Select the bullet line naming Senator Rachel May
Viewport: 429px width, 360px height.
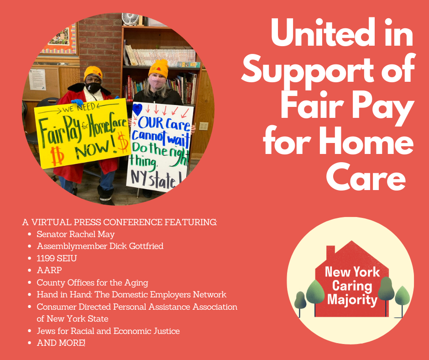[x=76, y=234]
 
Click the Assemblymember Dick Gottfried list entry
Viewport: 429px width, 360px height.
[x=100, y=246]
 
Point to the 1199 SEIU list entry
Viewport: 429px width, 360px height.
[x=57, y=259]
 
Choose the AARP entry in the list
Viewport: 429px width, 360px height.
[x=49, y=270]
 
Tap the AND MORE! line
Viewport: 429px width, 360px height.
[x=61, y=343]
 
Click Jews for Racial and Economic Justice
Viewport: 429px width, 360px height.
[x=108, y=331]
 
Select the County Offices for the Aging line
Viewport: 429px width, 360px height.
[x=93, y=282]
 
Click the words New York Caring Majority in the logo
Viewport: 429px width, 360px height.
[x=352, y=286]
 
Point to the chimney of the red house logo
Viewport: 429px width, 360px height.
[x=330, y=252]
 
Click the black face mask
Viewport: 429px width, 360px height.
[x=93, y=88]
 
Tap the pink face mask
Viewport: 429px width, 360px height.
[x=157, y=82]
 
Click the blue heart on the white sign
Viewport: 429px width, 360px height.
[x=137, y=109]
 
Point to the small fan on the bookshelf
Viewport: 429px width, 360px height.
[x=131, y=19]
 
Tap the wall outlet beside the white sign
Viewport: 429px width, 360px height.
[x=204, y=126]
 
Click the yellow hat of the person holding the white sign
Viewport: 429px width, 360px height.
[x=158, y=68]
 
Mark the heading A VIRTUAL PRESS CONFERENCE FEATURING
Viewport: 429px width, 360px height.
[x=120, y=222]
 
